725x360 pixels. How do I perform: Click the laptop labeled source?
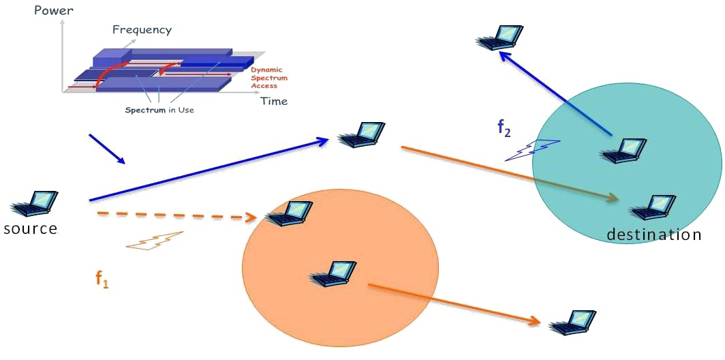[34, 204]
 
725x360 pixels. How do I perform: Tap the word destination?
[653, 235]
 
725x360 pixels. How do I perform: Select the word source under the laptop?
[30, 228]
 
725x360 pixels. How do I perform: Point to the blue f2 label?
[504, 127]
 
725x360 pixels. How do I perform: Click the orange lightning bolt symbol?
[155, 241]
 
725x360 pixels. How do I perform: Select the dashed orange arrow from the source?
[177, 216]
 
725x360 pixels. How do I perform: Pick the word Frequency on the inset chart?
[142, 30]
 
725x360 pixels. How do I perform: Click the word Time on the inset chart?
[274, 101]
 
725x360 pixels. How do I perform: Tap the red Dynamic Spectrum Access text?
[265, 78]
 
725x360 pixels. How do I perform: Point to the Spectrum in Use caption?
[159, 110]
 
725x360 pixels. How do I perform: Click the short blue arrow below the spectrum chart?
[107, 149]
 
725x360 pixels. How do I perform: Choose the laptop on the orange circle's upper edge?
[290, 213]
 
